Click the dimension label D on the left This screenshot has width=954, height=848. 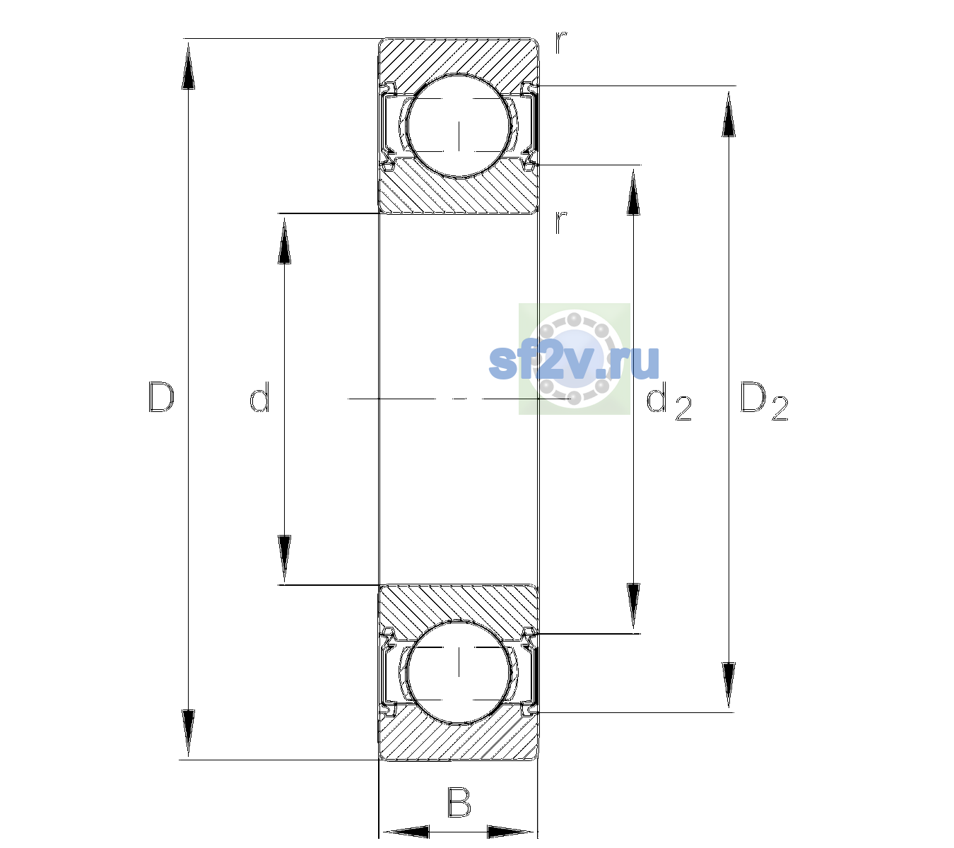(x=161, y=397)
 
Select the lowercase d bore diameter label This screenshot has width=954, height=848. (x=259, y=397)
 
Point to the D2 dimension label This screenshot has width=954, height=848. (x=764, y=401)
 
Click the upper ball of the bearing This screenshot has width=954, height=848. (x=459, y=126)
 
